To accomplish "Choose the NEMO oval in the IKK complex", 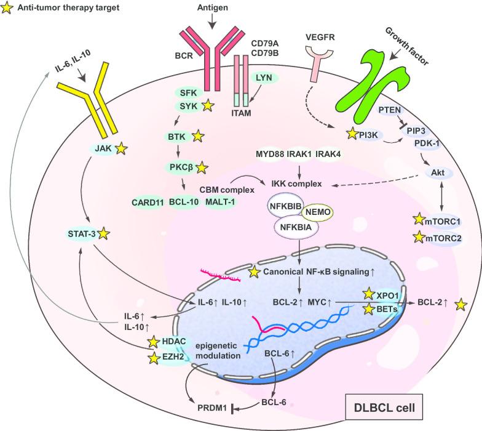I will click(x=317, y=212).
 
